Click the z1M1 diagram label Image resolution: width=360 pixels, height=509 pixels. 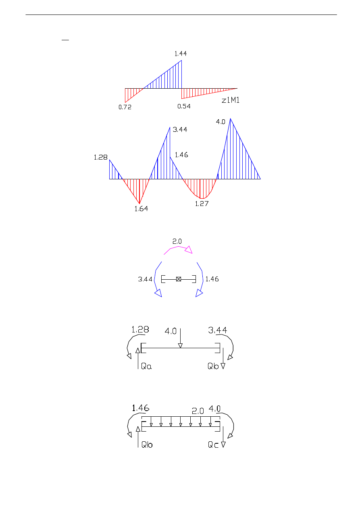(x=231, y=100)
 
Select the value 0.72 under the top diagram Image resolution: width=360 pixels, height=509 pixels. (x=125, y=107)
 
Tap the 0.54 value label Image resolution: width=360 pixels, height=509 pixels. (x=184, y=106)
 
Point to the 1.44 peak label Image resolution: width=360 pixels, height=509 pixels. (x=181, y=54)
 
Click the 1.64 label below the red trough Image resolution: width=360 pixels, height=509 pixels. (x=141, y=209)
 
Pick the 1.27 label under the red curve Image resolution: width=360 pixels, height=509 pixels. (x=202, y=204)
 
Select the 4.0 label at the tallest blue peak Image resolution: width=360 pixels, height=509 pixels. (x=221, y=122)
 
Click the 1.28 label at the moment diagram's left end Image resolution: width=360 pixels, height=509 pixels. (x=100, y=157)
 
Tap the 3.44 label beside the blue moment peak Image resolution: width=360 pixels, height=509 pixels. (x=180, y=129)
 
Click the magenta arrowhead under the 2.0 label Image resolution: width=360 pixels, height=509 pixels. (x=189, y=250)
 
